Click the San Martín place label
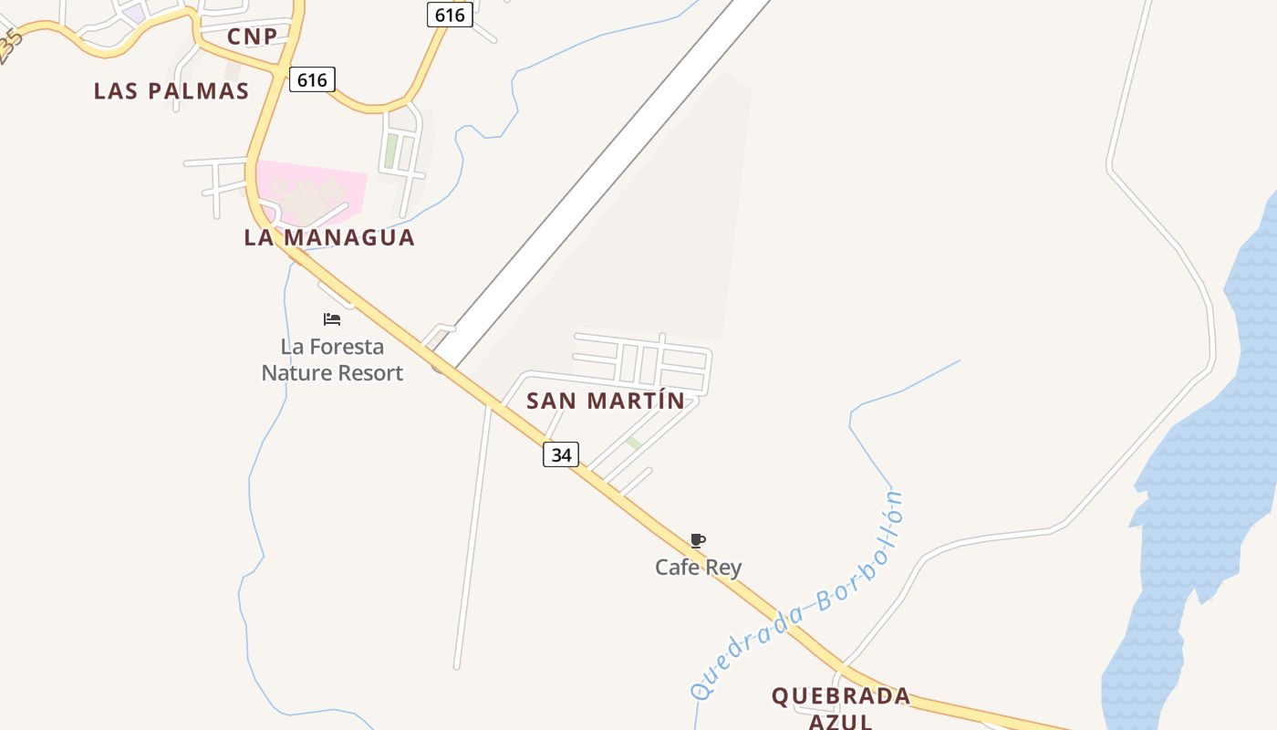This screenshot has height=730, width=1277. click(606, 401)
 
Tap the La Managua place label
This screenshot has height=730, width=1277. click(328, 238)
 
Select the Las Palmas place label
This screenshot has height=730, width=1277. click(171, 91)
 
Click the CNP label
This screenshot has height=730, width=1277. click(252, 36)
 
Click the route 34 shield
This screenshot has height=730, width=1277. click(561, 454)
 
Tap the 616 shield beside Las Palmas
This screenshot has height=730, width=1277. click(312, 79)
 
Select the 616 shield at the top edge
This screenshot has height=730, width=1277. click(450, 15)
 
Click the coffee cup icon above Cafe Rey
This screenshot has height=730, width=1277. click(698, 540)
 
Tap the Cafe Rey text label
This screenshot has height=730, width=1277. click(699, 568)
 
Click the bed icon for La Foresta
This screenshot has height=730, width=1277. click(332, 319)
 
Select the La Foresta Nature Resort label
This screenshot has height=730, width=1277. click(332, 360)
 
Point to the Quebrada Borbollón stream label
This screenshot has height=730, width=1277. click(799, 598)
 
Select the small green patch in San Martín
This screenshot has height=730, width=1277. click(634, 443)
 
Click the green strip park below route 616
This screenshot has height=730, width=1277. click(390, 151)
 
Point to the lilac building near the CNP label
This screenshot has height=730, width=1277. click(133, 14)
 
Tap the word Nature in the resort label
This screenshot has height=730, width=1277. click(296, 373)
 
